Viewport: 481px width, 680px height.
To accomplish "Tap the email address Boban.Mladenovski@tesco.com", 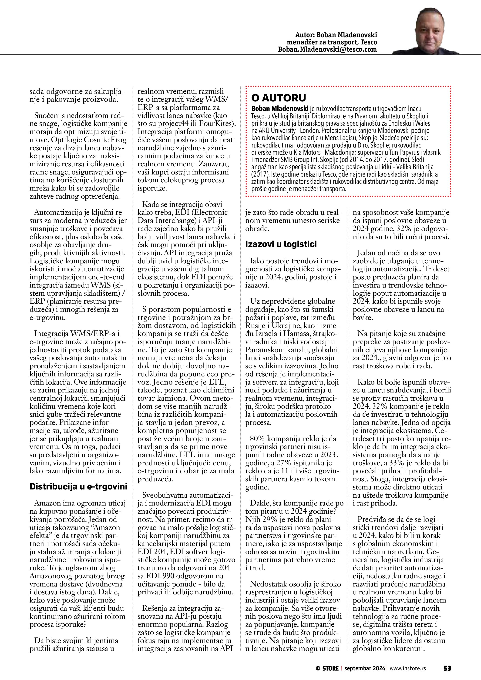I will click(x=327, y=50).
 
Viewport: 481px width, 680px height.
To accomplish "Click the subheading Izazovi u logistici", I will click(x=281, y=244).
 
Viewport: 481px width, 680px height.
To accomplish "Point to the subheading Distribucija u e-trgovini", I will click(x=78, y=487).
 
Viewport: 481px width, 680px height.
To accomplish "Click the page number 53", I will click(x=447, y=668).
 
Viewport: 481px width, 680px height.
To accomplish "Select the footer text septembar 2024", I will click(x=365, y=668).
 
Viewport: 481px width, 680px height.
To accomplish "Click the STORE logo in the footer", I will click(x=327, y=668).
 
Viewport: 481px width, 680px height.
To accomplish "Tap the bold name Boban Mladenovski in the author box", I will click(x=280, y=109).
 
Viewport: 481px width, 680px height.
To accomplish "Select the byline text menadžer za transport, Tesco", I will click(x=332, y=42).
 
